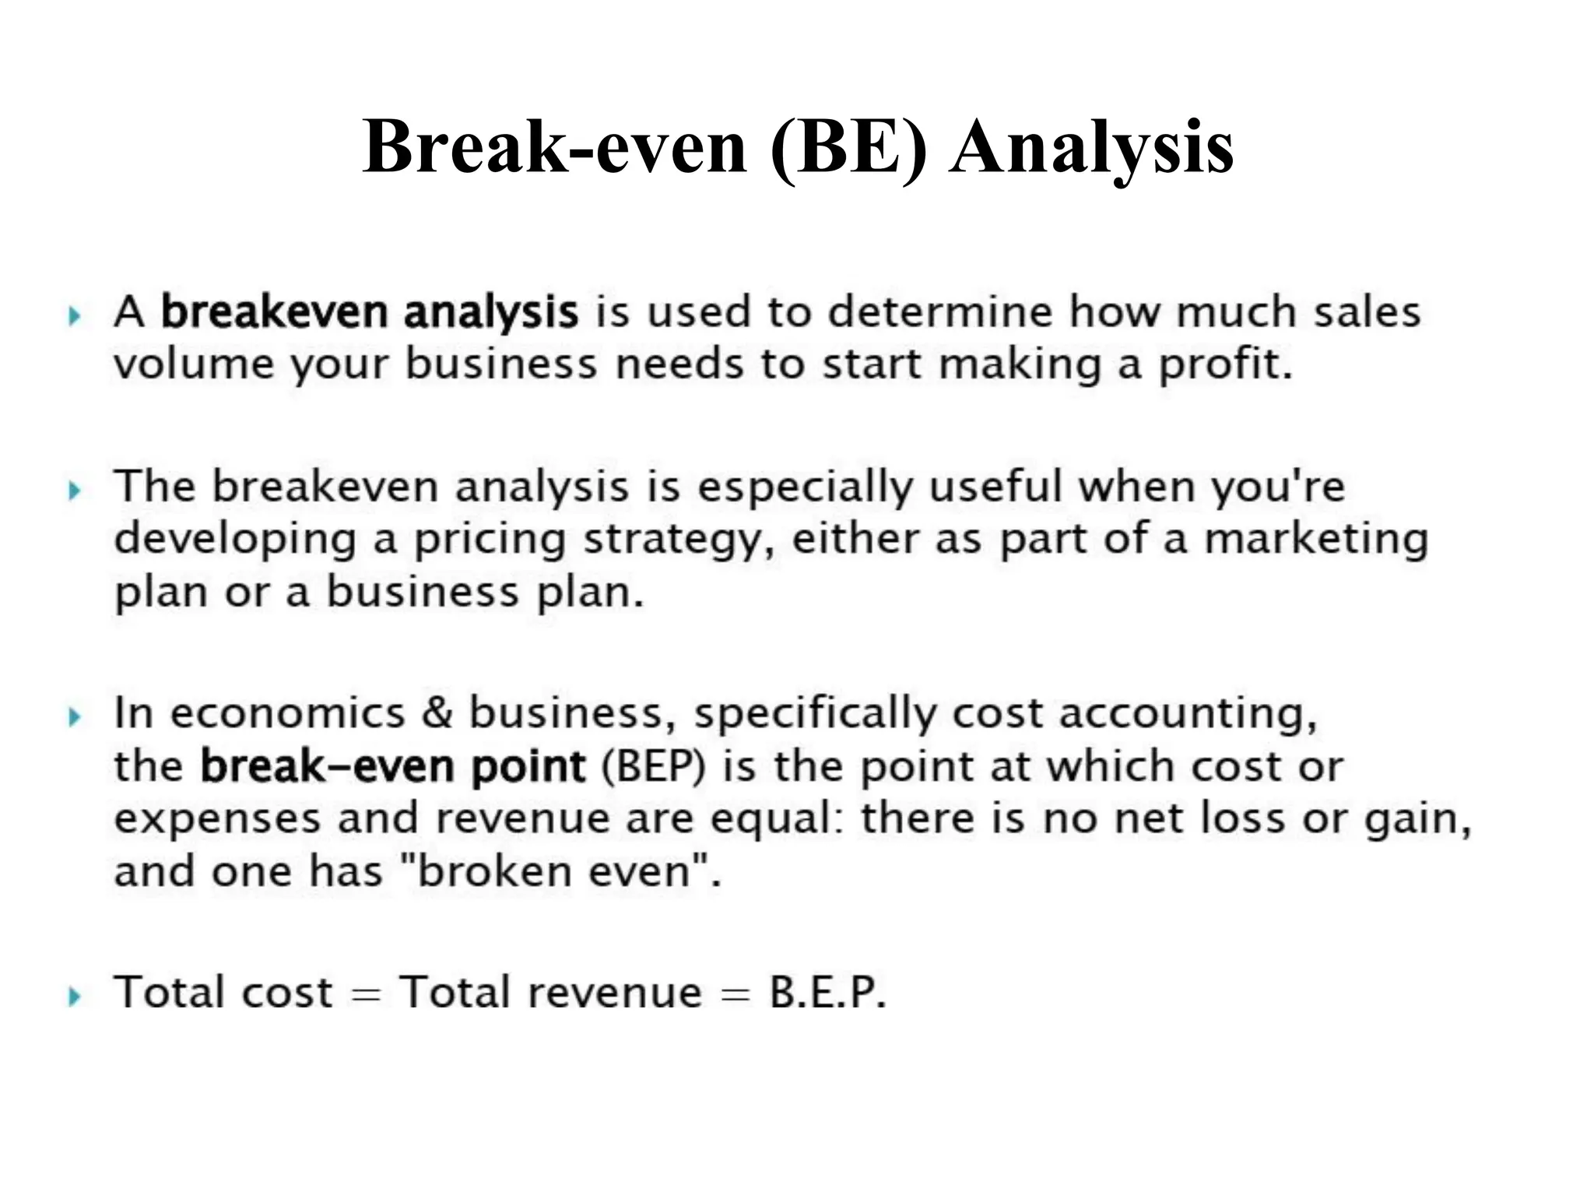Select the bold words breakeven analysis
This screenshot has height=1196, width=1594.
[x=370, y=313]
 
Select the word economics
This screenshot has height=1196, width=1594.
[x=288, y=713]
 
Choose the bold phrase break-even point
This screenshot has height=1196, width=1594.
[x=392, y=767]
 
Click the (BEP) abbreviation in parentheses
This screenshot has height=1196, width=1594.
[x=653, y=767]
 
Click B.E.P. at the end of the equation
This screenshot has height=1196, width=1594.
[x=827, y=993]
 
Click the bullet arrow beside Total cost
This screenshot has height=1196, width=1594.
[x=74, y=996]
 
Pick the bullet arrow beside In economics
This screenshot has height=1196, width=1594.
[x=74, y=716]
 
